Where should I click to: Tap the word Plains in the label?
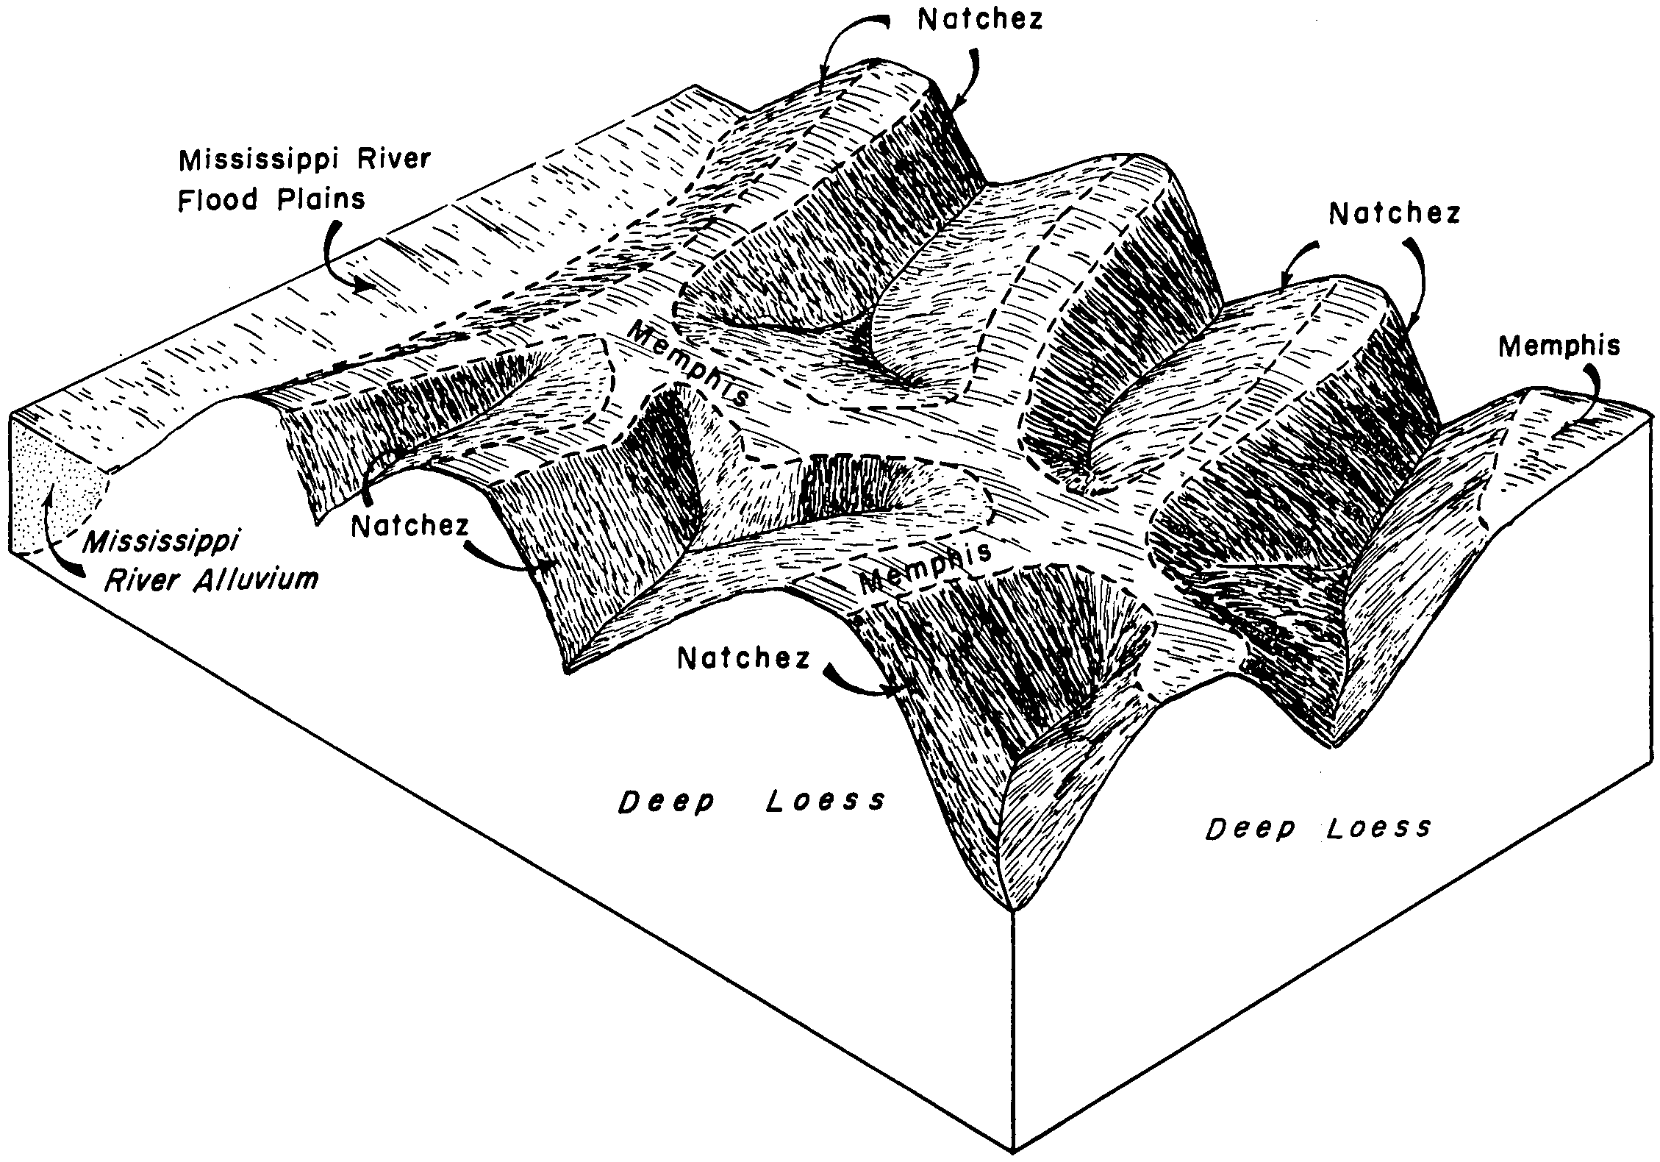coord(321,199)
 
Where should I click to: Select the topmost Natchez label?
coord(981,20)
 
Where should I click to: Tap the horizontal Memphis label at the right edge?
coord(1559,346)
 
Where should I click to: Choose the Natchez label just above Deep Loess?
coord(743,658)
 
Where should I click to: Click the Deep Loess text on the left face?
coord(751,801)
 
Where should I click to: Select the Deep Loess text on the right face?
coord(1318,829)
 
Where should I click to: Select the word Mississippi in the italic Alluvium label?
coord(161,544)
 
